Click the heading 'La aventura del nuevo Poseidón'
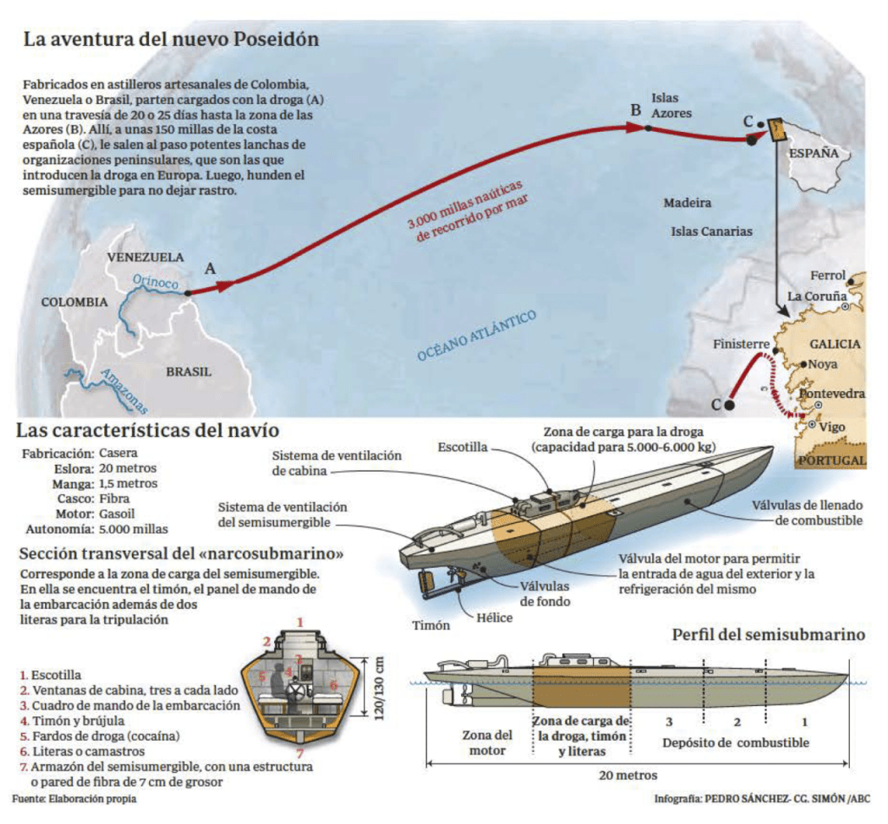coord(171,40)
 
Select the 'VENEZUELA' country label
coord(145,258)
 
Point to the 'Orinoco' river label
coord(156,282)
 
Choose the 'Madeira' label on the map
coord(688,203)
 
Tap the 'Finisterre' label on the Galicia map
coord(741,344)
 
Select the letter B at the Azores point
coord(636,110)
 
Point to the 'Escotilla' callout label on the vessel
coord(463,448)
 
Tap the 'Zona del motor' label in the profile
coord(480,742)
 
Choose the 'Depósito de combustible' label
coord(736,742)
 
